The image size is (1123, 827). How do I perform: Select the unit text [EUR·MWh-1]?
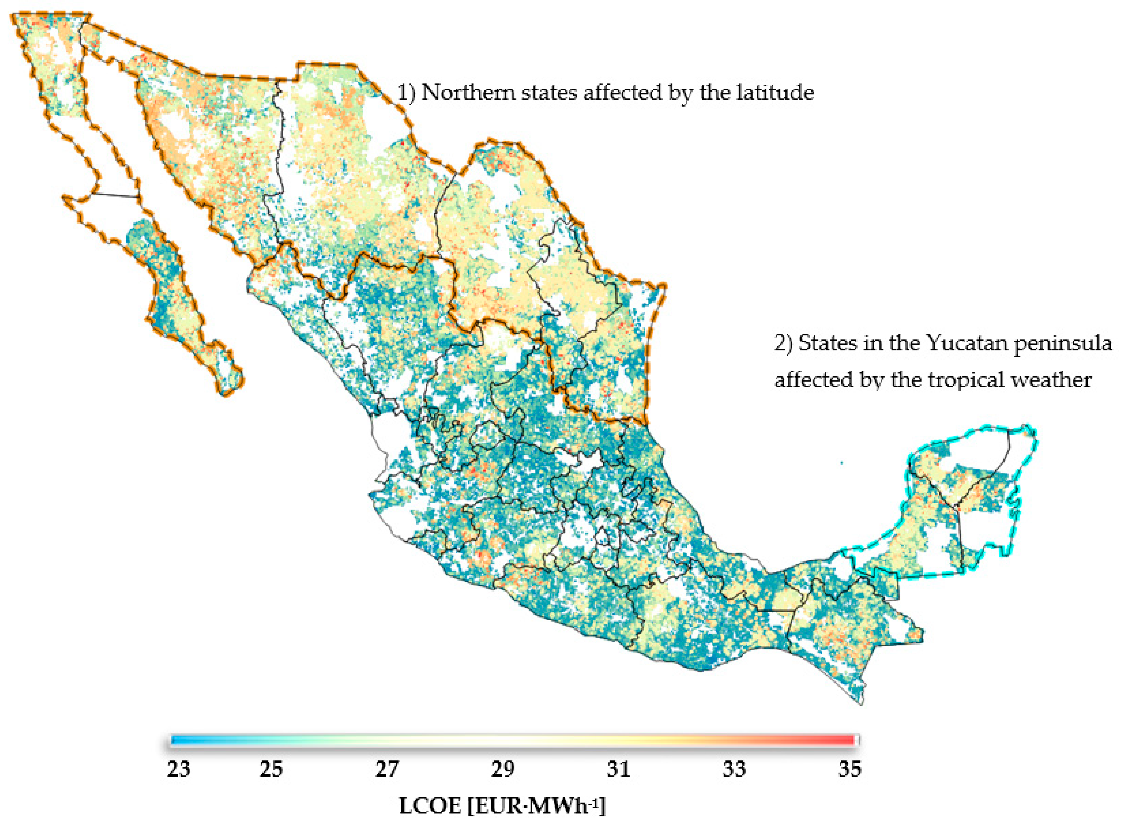[536, 806]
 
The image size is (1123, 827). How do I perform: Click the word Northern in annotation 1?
[468, 93]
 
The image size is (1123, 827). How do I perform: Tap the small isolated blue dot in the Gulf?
[841, 463]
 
